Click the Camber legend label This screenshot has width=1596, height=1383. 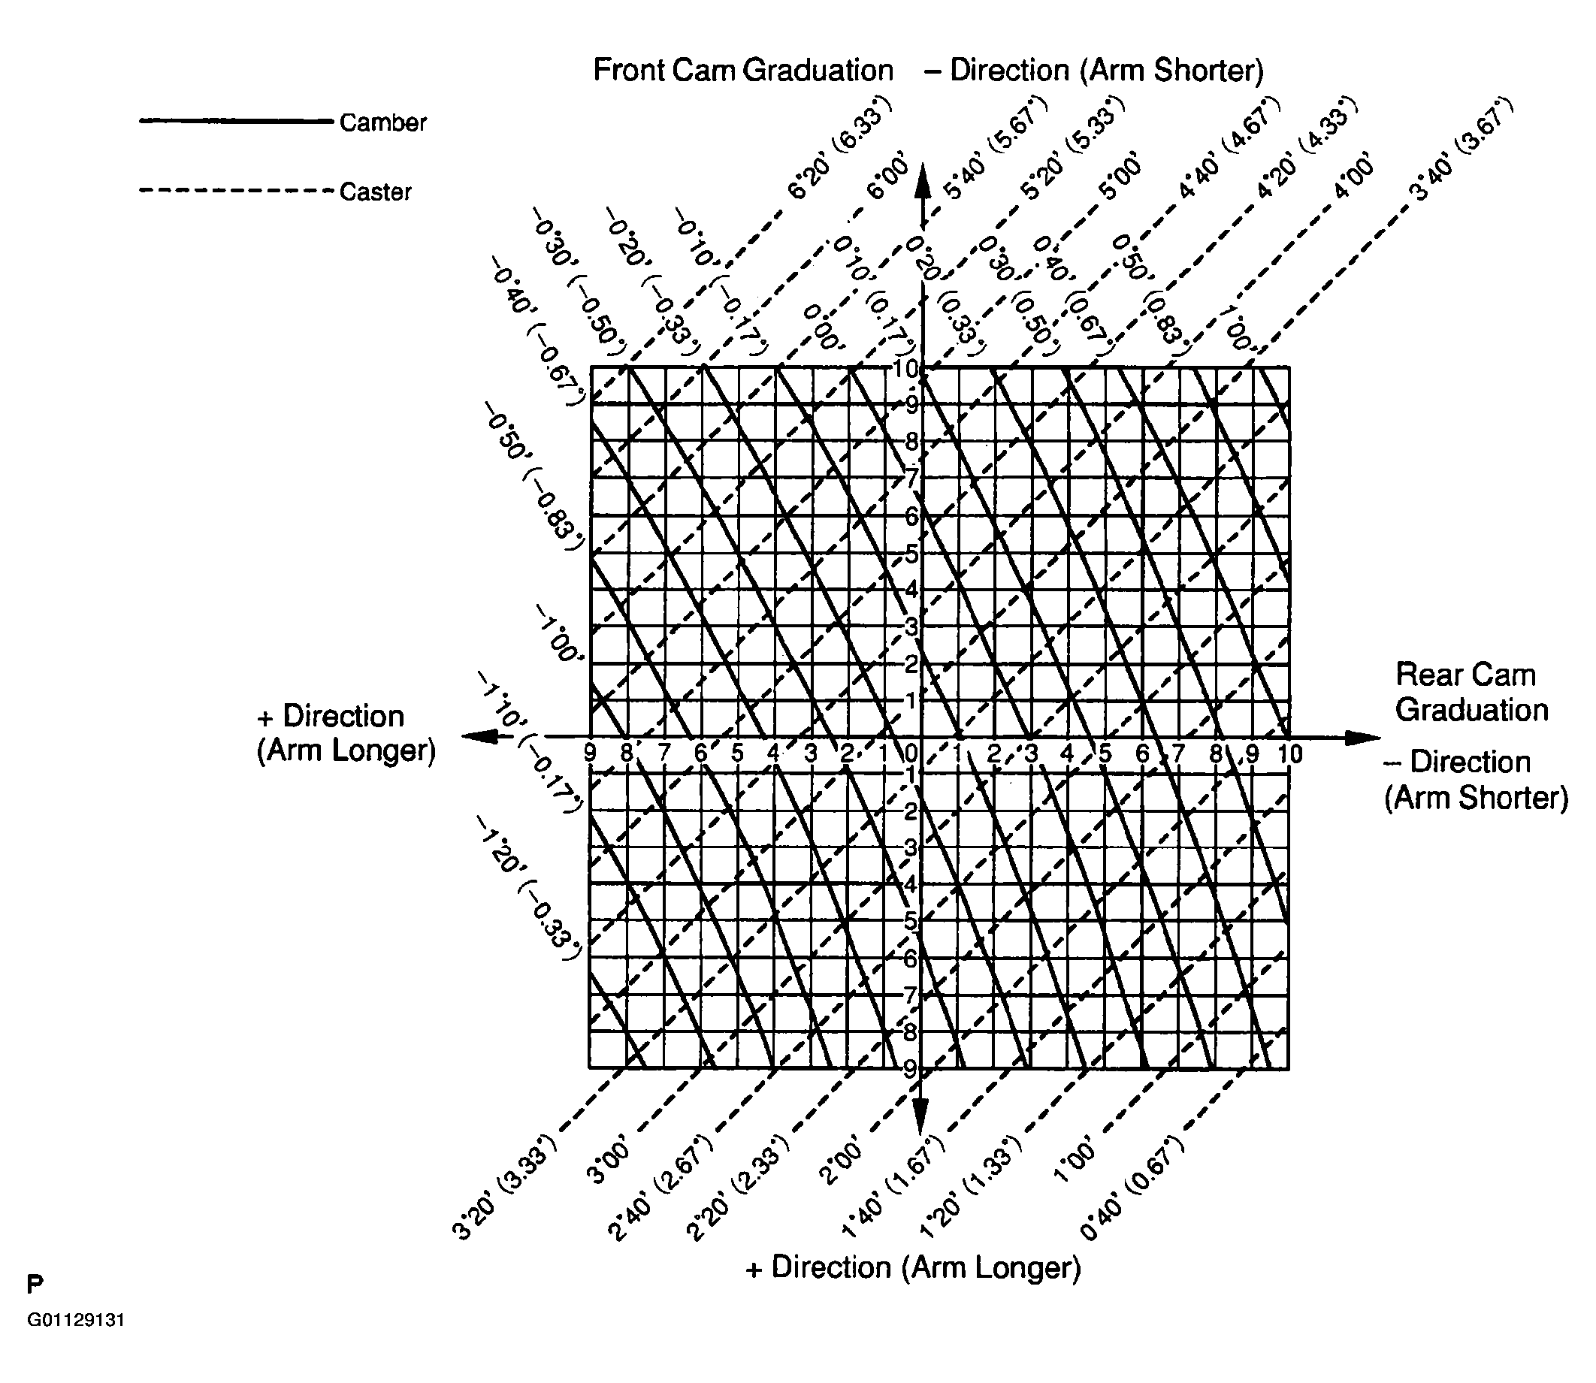(x=382, y=122)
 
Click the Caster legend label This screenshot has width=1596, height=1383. (x=376, y=192)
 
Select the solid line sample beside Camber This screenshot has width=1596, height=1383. (x=235, y=121)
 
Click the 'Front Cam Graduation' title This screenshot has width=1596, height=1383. (x=742, y=70)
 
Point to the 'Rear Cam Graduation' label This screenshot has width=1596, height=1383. (x=1471, y=693)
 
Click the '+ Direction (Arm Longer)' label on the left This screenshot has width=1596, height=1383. (x=346, y=733)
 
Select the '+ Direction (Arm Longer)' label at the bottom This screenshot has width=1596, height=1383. (x=913, y=1267)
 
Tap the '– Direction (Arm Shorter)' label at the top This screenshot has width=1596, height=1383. (x=1093, y=70)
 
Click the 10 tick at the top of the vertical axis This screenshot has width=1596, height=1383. (x=907, y=369)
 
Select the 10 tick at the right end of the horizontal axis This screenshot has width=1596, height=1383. (x=1290, y=754)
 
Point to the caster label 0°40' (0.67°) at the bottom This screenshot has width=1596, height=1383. (x=1131, y=1188)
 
